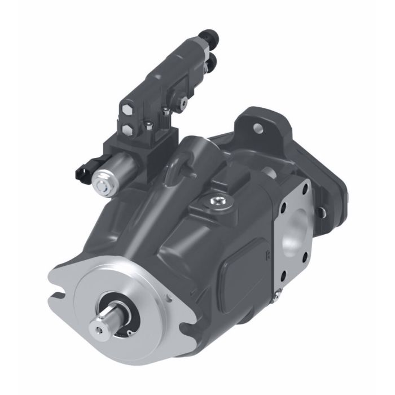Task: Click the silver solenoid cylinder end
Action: pyautogui.click(x=104, y=183)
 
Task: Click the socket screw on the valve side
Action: pyautogui.click(x=183, y=102)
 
